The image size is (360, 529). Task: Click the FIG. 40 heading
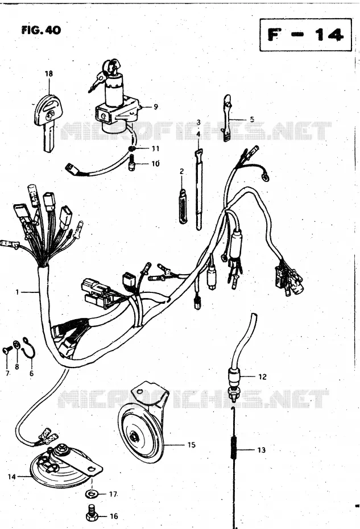(x=41, y=30)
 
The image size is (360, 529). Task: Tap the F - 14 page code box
(x=305, y=35)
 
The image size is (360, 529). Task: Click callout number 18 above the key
(x=49, y=73)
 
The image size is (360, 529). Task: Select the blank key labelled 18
(x=47, y=122)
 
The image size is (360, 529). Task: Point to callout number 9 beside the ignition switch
(x=155, y=106)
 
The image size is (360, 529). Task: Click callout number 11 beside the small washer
(x=155, y=148)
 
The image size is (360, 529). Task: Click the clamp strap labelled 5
(x=227, y=118)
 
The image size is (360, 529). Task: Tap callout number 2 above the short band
(x=181, y=171)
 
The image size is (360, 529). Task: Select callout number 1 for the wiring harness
(x=17, y=292)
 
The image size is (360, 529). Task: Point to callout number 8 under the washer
(x=17, y=366)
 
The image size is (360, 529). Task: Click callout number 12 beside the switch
(x=262, y=377)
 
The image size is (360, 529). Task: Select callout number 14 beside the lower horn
(x=12, y=477)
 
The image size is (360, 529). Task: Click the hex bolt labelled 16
(x=92, y=514)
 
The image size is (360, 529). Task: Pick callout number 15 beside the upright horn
(x=191, y=445)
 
